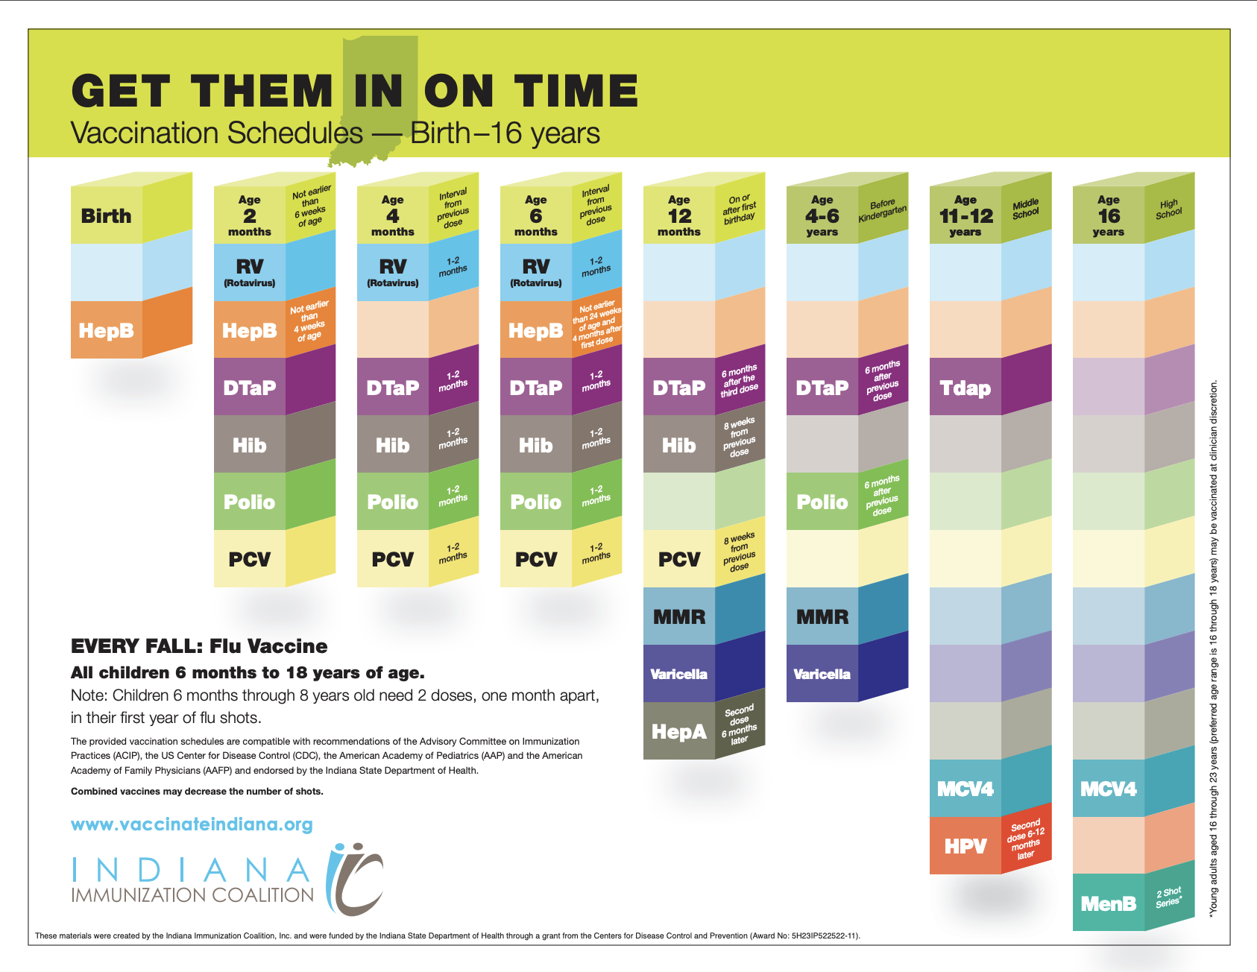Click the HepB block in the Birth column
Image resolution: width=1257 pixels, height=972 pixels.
[107, 330]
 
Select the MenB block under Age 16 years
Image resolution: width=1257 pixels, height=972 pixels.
[1109, 903]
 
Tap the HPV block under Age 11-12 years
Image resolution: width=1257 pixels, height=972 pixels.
[965, 846]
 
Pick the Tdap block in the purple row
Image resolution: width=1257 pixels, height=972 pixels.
[965, 388]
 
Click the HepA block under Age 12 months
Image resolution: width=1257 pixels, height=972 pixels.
[679, 731]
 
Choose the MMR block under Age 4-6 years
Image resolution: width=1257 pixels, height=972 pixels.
[822, 616]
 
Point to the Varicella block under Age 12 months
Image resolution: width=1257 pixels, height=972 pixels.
[679, 674]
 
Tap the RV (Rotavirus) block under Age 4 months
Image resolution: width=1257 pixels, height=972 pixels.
[393, 272]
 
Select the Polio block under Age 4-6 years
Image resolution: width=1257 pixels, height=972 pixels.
[822, 502]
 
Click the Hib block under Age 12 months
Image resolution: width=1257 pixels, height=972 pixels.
[679, 445]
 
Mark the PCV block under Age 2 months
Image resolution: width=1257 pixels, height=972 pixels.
[250, 559]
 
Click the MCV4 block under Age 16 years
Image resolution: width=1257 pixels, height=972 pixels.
[1109, 789]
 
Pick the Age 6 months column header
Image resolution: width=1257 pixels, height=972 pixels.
[536, 215]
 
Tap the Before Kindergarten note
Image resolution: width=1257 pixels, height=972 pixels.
[883, 210]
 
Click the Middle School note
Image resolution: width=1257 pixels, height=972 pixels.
[1026, 209]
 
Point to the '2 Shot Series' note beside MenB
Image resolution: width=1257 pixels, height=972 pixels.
[1168, 897]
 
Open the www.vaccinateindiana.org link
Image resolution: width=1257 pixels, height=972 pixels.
[192, 824]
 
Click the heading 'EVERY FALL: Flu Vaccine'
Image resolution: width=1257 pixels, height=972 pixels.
[199, 646]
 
